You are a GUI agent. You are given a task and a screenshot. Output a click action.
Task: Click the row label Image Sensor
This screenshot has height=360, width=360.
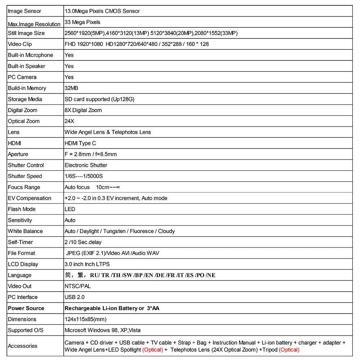[x=24, y=11]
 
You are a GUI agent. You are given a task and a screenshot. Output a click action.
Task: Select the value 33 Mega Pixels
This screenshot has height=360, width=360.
[x=82, y=22]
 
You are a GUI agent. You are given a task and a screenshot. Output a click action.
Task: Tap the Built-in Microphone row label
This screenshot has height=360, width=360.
[x=30, y=55]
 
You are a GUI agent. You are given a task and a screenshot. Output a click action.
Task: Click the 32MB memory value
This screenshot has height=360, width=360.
[x=71, y=88]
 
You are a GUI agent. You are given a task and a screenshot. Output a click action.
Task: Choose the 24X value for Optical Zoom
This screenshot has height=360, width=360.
[x=69, y=121]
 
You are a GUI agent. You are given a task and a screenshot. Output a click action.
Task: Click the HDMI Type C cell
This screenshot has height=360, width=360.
[x=80, y=143]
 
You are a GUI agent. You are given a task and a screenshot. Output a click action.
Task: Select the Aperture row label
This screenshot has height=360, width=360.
[x=18, y=154]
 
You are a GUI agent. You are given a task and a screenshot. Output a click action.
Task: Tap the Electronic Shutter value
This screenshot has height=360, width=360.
[x=86, y=165]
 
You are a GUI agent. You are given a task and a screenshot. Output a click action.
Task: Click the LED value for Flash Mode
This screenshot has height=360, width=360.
[x=70, y=209]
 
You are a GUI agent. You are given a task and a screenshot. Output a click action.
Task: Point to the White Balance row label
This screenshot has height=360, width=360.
[x=25, y=231]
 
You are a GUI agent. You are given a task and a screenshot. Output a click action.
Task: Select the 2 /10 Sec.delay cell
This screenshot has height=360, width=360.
[x=83, y=242]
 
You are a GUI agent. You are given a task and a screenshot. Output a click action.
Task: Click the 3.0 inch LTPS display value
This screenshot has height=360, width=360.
[x=87, y=264]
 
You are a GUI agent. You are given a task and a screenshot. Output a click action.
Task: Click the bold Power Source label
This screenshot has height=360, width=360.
[x=26, y=308]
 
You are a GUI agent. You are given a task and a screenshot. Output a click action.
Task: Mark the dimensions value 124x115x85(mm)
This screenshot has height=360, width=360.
[x=86, y=319]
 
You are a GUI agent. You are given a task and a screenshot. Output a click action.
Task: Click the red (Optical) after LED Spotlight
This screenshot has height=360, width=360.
[x=152, y=350]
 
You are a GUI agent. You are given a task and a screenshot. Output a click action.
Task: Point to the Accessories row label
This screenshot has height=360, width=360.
[x=23, y=346]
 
